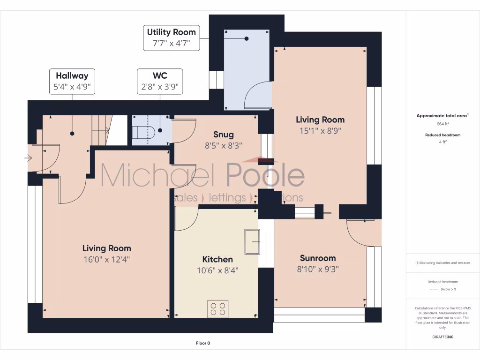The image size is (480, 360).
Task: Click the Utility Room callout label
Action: pos(172,38)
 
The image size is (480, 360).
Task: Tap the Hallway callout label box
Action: pos(72,81)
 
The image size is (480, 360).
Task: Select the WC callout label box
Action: pos(160,81)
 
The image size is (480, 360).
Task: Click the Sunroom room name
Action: pos(318,258)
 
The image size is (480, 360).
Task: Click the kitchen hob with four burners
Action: pos(217,308)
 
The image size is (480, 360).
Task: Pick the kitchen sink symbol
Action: pos(252,241)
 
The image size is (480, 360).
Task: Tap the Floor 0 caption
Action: pos(203,343)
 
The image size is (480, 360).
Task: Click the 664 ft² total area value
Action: pos(442,124)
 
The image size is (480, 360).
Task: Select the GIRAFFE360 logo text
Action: pos(442,337)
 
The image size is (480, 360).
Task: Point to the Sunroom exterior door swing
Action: pos(361,234)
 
